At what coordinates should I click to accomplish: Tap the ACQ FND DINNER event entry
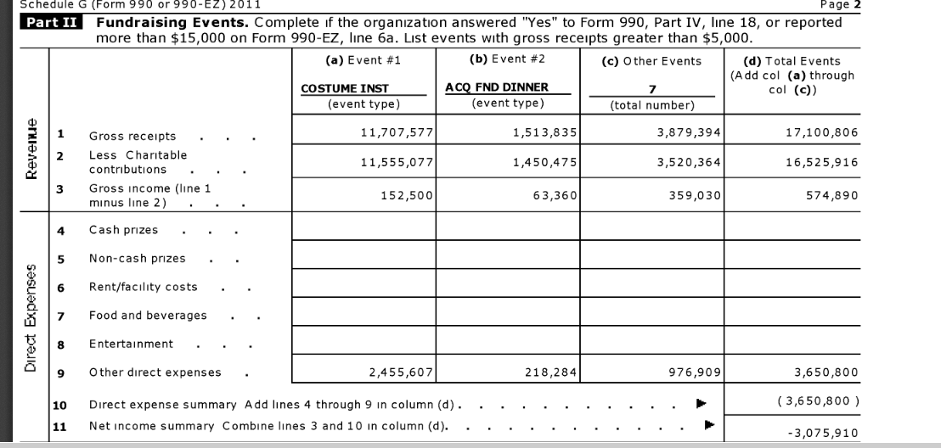coord(496,87)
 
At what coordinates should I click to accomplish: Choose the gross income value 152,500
coord(409,194)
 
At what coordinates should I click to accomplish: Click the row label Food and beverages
coord(148,316)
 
